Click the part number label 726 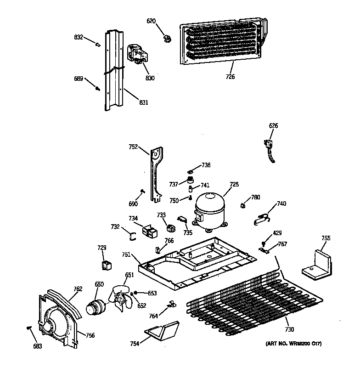(x=230, y=77)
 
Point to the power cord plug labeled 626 (x=270, y=147)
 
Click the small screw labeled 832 (x=98, y=44)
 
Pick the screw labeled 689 (x=97, y=88)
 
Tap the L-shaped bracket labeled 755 (x=317, y=265)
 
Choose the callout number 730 (x=289, y=329)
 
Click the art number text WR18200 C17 (x=294, y=344)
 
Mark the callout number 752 (x=133, y=147)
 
